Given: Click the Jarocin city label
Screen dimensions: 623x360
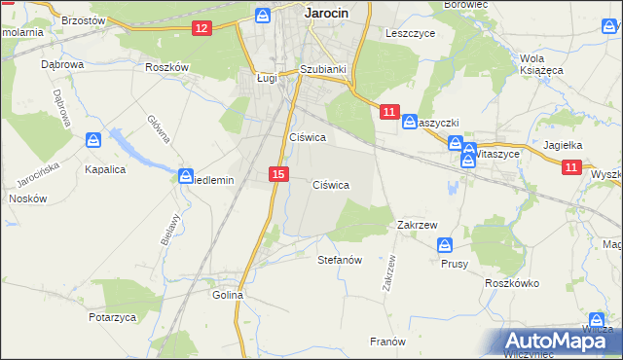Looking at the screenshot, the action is [326, 13].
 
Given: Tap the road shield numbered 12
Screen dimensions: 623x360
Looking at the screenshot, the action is [202, 28].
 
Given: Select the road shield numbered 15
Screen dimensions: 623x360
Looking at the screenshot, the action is [278, 174].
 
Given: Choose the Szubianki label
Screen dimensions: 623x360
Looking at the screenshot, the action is [323, 69].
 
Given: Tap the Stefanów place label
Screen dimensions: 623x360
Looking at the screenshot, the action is [340, 261].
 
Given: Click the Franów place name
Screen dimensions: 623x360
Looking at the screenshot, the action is [386, 342].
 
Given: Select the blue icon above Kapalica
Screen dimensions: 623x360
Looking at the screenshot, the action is [93, 140].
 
